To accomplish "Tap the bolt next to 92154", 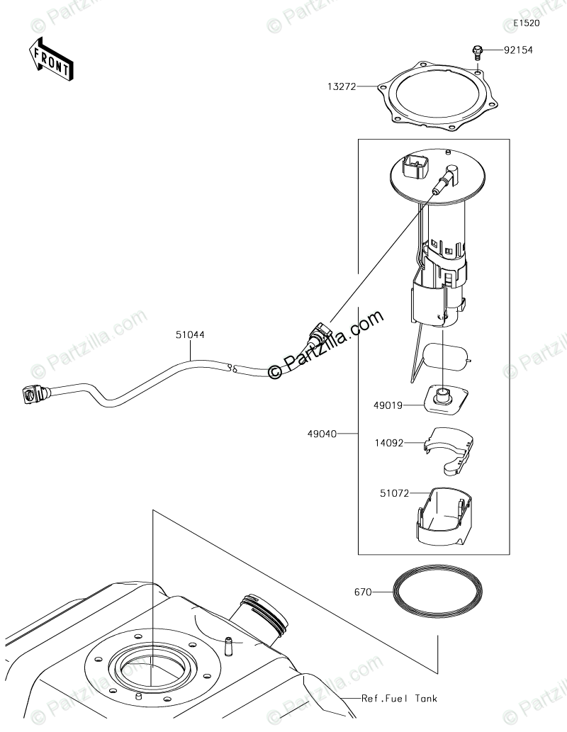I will [478, 50].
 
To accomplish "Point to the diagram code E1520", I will [527, 23].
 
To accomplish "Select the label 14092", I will [388, 443].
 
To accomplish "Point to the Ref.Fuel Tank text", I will [399, 698].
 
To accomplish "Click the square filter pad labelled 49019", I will [445, 398].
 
